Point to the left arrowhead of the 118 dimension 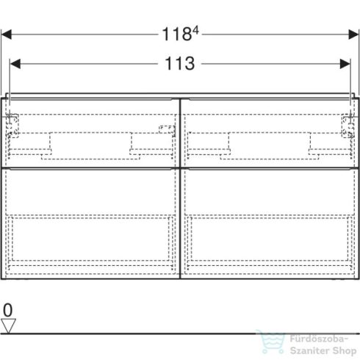pos(8,33)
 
